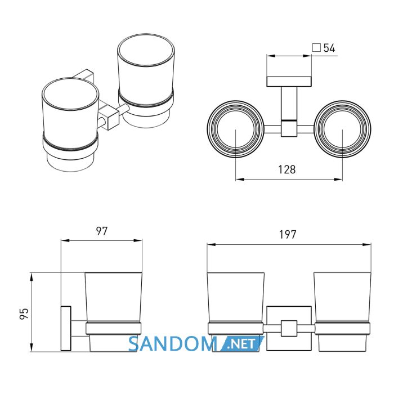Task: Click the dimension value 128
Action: tap(286, 169)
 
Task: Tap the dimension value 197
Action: tap(288, 235)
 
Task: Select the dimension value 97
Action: tap(102, 231)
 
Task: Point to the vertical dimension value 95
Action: tap(24, 314)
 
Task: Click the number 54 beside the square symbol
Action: tap(329, 48)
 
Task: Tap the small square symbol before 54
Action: tap(316, 47)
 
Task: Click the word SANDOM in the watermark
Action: tap(172, 344)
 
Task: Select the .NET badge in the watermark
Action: tap(241, 344)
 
